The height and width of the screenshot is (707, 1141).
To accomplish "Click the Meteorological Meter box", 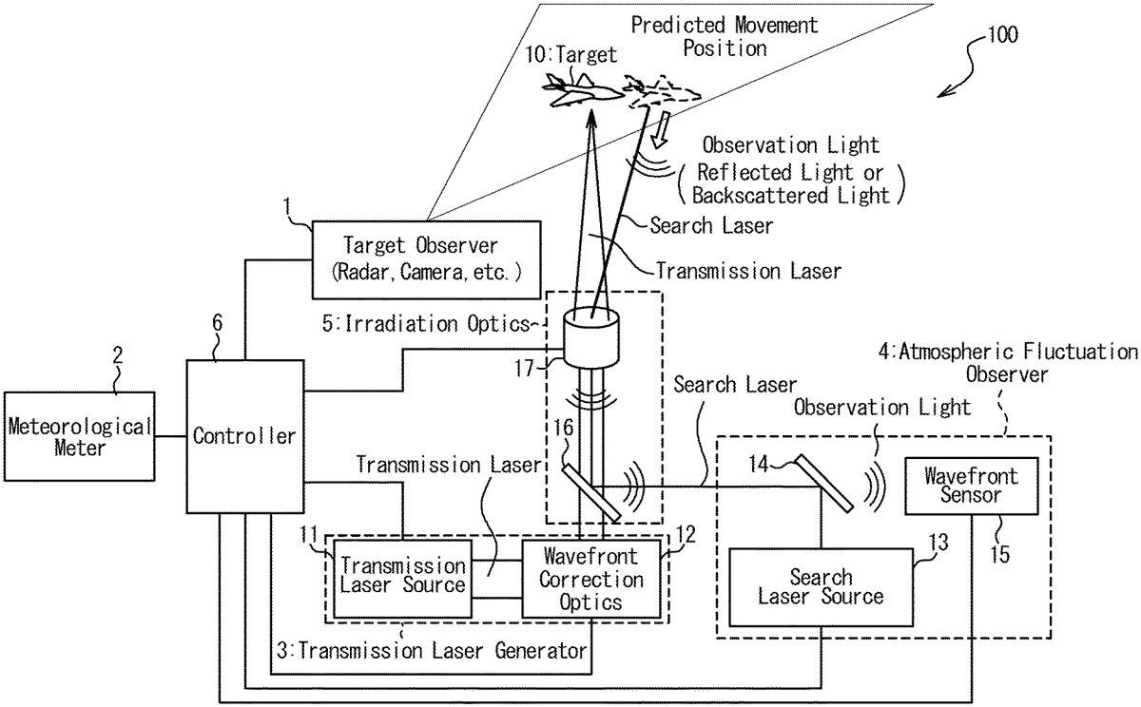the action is (80, 436).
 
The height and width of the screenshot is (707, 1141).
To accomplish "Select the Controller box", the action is (245, 436).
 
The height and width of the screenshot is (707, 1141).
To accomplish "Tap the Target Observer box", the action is (426, 259).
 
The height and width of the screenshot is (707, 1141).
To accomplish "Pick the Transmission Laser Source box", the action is (402, 579).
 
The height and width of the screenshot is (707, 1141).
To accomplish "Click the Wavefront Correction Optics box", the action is (591, 579).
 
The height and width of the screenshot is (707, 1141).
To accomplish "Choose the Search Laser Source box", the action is (822, 587).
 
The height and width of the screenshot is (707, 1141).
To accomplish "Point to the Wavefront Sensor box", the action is (972, 486).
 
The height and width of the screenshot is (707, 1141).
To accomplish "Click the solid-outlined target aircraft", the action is (582, 90).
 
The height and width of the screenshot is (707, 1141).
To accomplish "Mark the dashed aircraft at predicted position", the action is (661, 91).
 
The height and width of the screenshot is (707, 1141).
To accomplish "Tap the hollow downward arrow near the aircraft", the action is (662, 130).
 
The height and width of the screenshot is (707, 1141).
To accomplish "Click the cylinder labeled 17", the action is (590, 337).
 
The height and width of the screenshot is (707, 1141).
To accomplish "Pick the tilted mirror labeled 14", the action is (822, 483).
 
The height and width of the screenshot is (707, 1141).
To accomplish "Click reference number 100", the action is (1003, 34).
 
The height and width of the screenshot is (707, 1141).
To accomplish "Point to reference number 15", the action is (1000, 554).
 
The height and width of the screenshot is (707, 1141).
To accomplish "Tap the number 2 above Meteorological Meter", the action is (118, 354).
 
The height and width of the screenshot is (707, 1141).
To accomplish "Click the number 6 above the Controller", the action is (218, 322).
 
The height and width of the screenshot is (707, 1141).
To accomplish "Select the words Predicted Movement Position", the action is (725, 37).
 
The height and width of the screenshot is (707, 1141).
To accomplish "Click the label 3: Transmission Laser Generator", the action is (432, 651).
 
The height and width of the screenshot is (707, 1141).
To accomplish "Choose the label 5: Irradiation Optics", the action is (426, 324).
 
